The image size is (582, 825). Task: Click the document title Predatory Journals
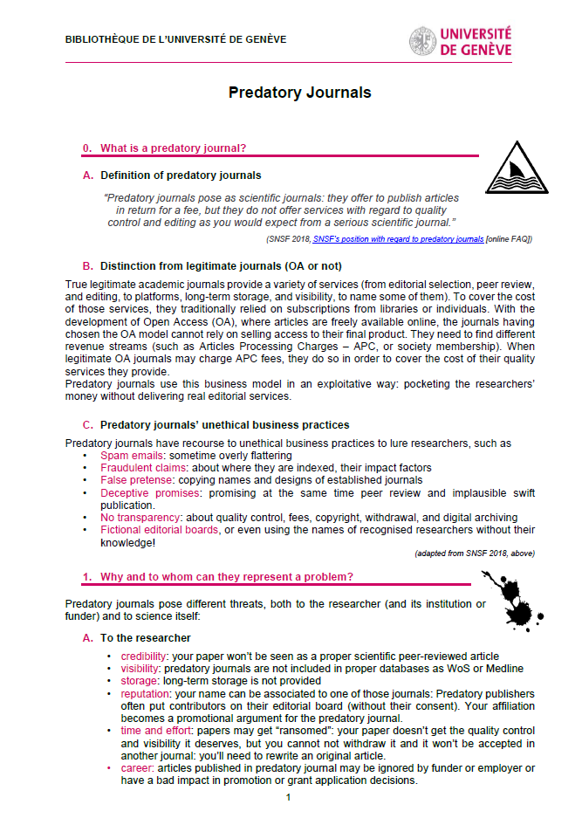pos(299,93)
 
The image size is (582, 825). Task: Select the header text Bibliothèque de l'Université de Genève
pos(175,39)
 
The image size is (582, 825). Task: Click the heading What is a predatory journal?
pos(173,148)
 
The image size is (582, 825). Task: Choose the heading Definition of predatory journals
pos(181,175)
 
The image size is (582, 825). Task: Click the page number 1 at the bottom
pos(287,798)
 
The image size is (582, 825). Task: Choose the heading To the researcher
pos(145,638)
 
